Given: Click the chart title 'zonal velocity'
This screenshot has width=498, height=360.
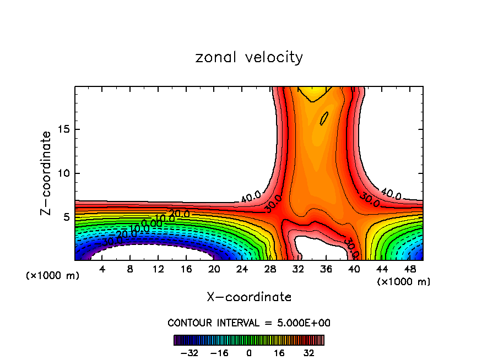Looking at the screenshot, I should pos(249,57).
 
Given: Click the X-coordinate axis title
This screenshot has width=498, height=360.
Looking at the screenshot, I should pos(249,297).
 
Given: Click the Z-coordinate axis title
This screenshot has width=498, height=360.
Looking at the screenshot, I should pos(47,173).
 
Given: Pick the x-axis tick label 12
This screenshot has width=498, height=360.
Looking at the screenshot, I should pos(158,269).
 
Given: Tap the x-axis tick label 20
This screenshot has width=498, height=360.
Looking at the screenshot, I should pos(214,269).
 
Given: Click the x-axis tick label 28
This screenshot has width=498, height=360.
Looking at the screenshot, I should pos(270,269).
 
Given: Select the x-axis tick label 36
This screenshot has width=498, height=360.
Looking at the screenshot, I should pos(326,269).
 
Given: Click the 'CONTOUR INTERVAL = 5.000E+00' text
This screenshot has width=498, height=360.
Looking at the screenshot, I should pos(249,323).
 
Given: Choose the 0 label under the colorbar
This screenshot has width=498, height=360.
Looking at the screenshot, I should pos(249,353).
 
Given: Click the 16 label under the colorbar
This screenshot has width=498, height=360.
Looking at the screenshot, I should pos(279,353).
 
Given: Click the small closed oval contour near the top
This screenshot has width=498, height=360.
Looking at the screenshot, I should pos(324,118).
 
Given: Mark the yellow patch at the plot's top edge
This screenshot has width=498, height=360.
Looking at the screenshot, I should pos(311,92).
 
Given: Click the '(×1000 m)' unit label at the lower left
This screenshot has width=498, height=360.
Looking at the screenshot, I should pos(53,276).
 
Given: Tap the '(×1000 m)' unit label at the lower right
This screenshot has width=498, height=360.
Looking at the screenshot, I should pos(404,282).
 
